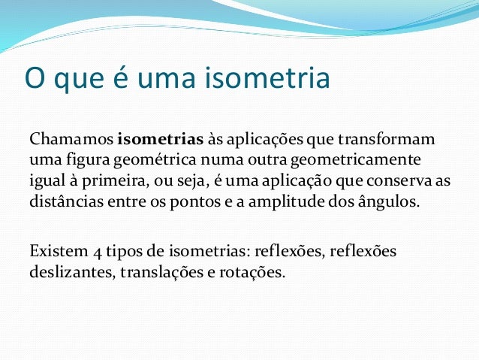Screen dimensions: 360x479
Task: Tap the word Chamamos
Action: (71, 141)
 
